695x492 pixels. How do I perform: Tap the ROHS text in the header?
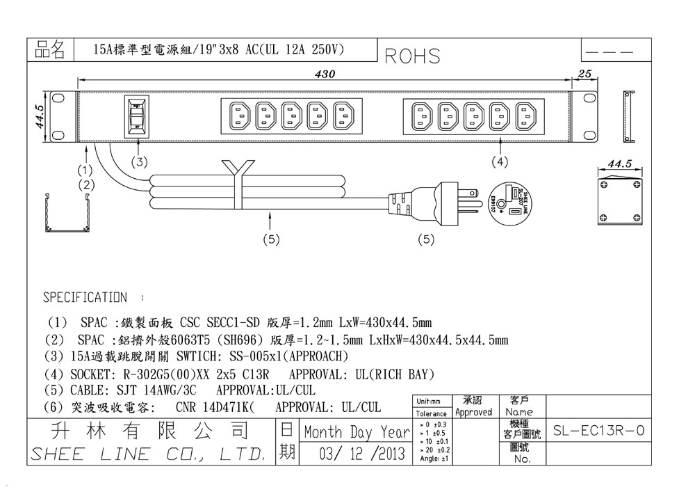coord(412,56)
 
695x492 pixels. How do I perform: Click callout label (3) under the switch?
coord(140,162)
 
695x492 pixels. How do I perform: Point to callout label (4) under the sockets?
coord(500,162)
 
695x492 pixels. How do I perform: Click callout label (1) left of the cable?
coord(85,170)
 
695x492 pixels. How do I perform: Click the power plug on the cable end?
coord(438,203)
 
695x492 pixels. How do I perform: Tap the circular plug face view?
coord(511,200)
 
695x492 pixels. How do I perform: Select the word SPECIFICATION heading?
coord(85,298)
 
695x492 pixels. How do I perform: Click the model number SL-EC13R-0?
coord(598,431)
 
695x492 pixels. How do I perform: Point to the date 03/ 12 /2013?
coord(361,454)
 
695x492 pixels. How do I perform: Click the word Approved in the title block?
coord(474,412)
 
